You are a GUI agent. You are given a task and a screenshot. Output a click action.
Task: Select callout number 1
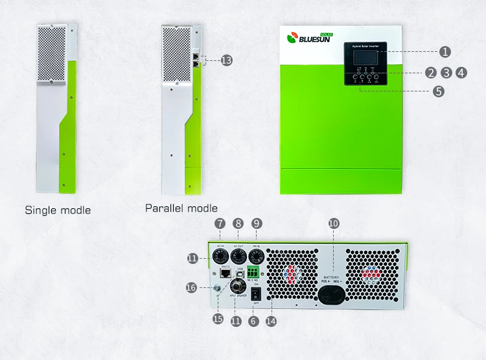[445, 51]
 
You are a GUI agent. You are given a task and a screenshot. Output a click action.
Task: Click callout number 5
[439, 91]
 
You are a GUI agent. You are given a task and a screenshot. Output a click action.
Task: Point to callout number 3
[446, 73]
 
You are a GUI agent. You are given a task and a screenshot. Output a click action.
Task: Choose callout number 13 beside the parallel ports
[226, 60]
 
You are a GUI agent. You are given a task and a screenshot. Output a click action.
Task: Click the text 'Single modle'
[58, 210]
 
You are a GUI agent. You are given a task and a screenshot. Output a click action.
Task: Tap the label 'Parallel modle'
[181, 208]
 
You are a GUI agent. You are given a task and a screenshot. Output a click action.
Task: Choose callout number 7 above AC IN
[220, 223]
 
